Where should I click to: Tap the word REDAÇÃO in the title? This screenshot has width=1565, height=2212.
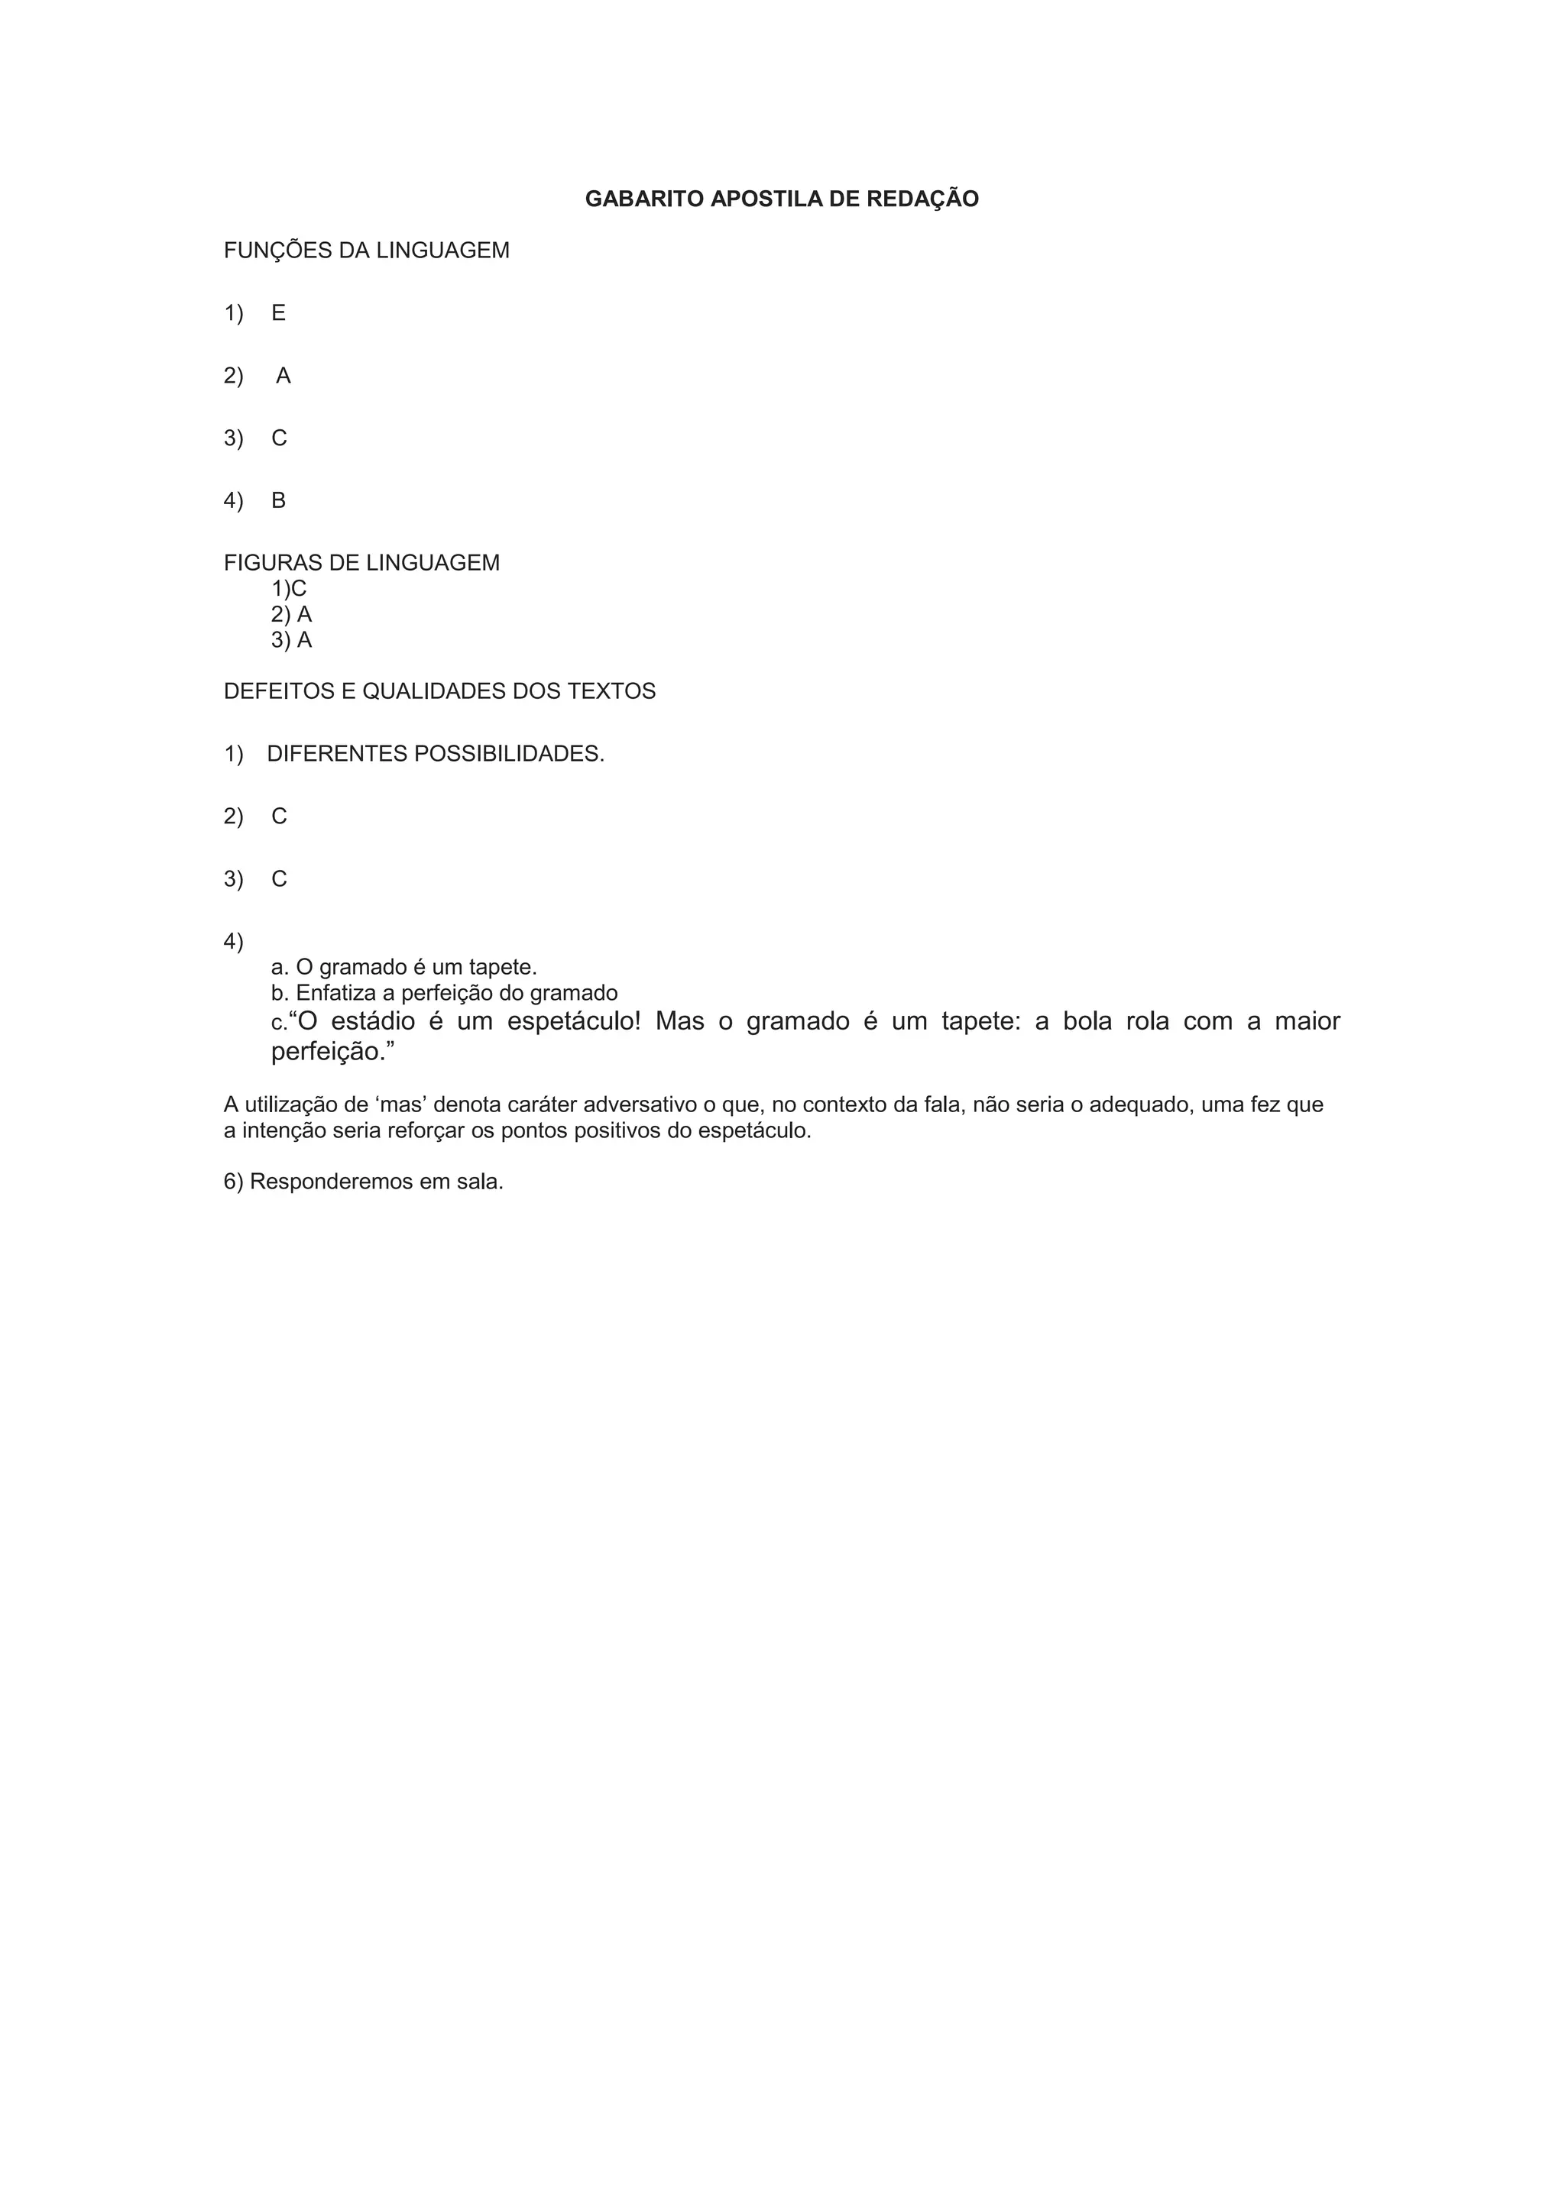pyautogui.click(x=922, y=199)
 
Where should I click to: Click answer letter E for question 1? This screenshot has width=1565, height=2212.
pyautogui.click(x=278, y=313)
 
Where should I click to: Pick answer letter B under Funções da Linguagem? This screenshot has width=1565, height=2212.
pyautogui.click(x=278, y=501)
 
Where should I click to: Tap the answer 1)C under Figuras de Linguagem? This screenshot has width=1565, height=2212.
pyautogui.click(x=289, y=589)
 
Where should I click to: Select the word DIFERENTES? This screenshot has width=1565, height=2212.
pyautogui.click(x=337, y=755)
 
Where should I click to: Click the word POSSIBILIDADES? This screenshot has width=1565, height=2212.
pyautogui.click(x=509, y=755)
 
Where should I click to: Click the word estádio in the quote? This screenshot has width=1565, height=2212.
pyautogui.click(x=373, y=1021)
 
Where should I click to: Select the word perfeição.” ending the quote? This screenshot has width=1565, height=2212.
pyautogui.click(x=333, y=1052)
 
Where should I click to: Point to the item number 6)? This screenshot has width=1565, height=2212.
pyautogui.click(x=234, y=1182)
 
